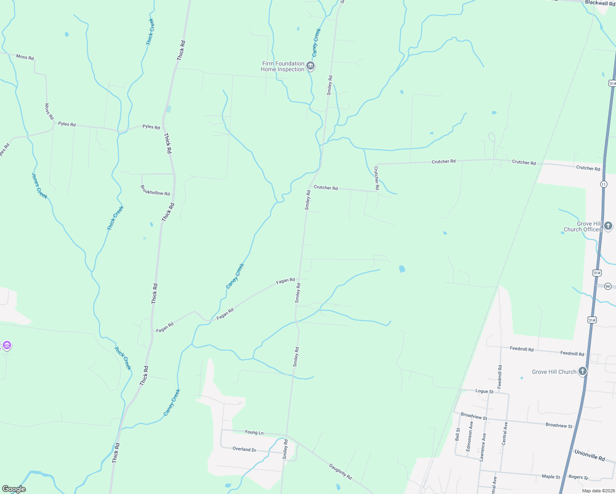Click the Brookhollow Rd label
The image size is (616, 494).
click(x=155, y=190)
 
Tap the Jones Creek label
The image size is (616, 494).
click(x=40, y=185)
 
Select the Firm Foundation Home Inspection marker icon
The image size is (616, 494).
click(x=311, y=66)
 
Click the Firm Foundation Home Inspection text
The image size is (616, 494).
click(x=282, y=66)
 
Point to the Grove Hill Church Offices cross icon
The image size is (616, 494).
click(x=608, y=226)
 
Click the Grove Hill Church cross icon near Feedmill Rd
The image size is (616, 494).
click(x=582, y=371)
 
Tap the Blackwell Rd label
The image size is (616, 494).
click(x=600, y=3)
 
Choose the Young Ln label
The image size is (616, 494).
click(x=254, y=432)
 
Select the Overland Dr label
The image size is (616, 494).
click(x=244, y=449)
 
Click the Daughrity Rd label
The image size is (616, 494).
click(x=341, y=471)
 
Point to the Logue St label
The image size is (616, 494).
click(x=484, y=391)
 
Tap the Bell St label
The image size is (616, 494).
click(x=457, y=434)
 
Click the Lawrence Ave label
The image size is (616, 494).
click(x=483, y=447)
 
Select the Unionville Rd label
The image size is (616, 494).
click(x=590, y=455)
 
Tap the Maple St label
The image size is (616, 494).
click(x=551, y=476)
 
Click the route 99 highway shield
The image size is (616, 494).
click(x=608, y=287)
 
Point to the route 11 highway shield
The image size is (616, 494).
click(x=604, y=184)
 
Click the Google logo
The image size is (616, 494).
click(x=14, y=489)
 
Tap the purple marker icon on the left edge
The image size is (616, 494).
click(x=7, y=345)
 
